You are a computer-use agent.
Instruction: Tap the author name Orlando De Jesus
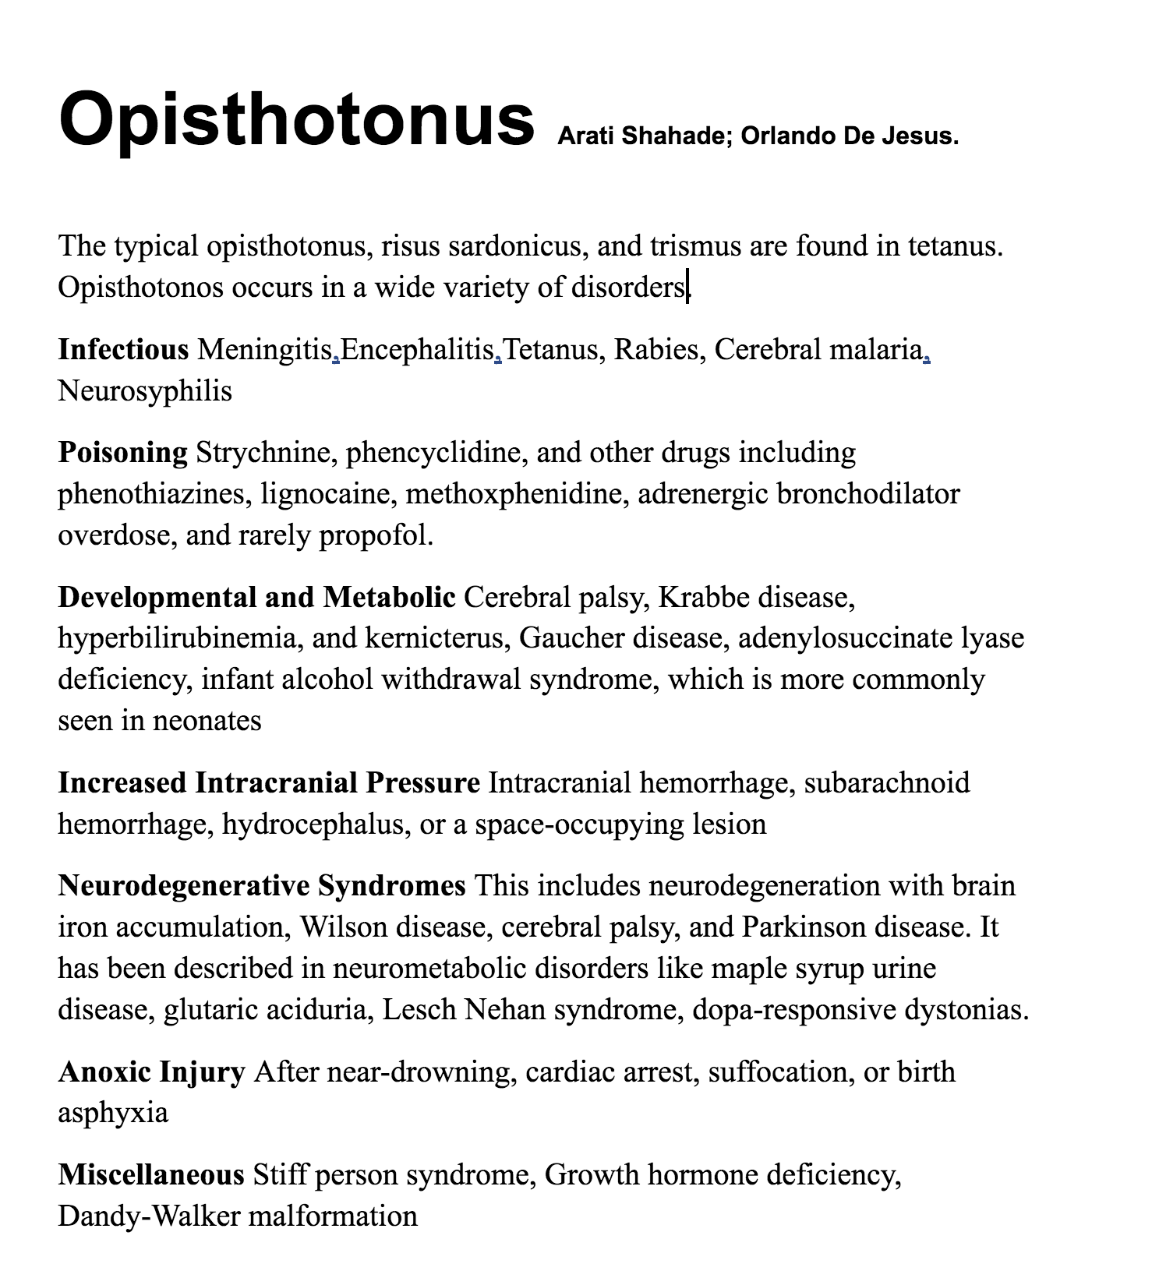(849, 136)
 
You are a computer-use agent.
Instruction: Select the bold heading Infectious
(123, 349)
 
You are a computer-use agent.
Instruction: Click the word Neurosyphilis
(145, 390)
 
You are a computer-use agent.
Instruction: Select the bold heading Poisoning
(122, 452)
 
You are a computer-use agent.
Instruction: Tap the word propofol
(375, 535)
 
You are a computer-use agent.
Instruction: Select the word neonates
(207, 721)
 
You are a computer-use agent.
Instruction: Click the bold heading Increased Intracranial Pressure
(269, 782)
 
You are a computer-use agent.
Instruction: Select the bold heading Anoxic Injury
(151, 1072)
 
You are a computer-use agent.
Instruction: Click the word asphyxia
(113, 1114)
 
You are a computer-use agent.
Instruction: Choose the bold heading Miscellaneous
(151, 1174)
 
